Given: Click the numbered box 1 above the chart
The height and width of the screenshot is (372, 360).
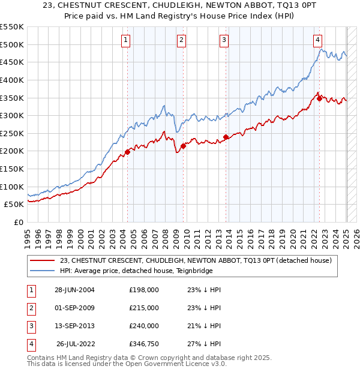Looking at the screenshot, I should point(126,40).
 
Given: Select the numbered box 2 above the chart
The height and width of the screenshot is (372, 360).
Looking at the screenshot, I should point(181,40).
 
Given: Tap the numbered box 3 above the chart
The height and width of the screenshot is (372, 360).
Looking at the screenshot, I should point(224,40).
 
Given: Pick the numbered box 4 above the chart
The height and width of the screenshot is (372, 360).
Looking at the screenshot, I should point(317,40).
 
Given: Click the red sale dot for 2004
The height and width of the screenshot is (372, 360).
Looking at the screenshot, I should point(128,152).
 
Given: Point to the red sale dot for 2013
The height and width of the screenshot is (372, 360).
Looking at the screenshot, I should point(226,137).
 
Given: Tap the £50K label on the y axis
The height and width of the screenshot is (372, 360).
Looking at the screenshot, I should point(14,204).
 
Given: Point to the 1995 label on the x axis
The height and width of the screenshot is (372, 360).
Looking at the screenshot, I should point(28,236).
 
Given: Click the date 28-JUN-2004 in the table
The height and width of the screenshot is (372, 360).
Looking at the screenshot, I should point(74,290).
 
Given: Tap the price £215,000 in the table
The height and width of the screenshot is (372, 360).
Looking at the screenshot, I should point(144,308).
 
